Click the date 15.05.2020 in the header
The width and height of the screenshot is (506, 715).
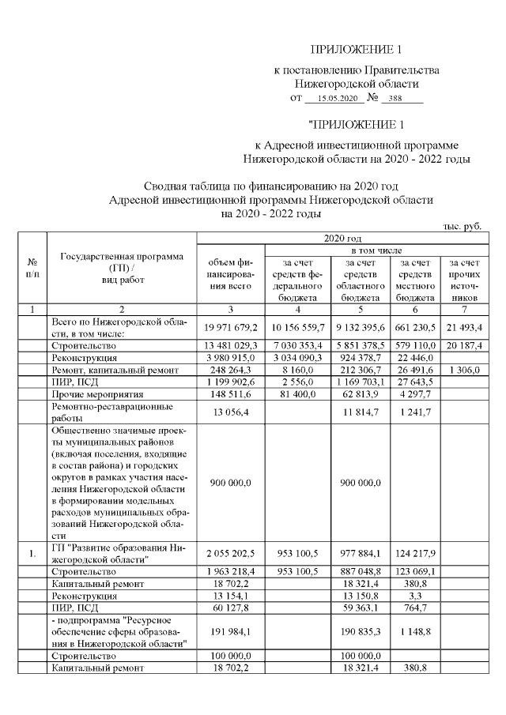(334, 99)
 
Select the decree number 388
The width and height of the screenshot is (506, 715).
(402, 99)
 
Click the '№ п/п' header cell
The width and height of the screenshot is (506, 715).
(32, 268)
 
